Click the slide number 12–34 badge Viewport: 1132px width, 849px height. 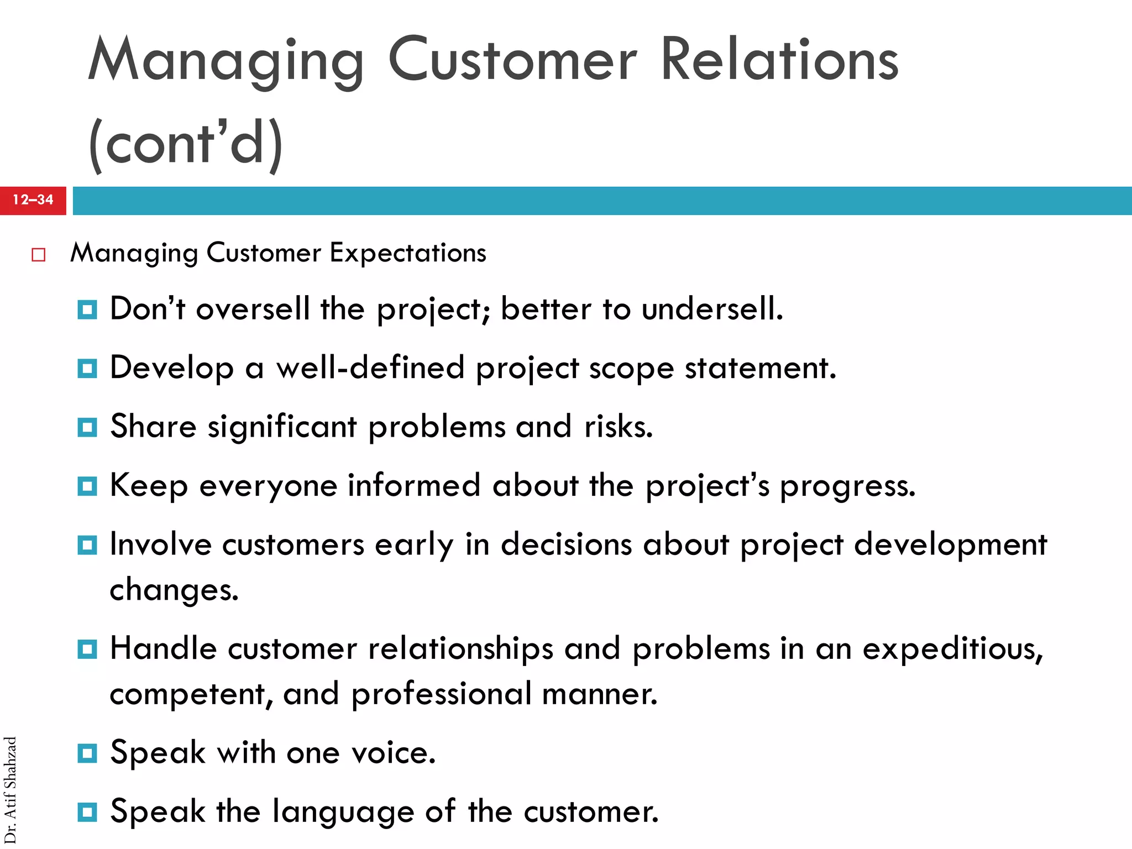[x=33, y=200]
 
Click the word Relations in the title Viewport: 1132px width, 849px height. [x=779, y=60]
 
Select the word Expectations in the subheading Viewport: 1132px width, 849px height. [x=408, y=253]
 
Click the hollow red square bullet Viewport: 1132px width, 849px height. [x=38, y=255]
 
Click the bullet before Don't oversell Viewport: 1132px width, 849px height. [x=87, y=310]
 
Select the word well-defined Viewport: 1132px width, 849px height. [x=370, y=368]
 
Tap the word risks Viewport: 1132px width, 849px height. [x=619, y=427]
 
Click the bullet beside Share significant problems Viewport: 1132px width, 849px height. [x=87, y=427]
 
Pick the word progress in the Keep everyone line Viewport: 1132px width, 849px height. [x=847, y=486]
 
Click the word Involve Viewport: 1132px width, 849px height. [x=160, y=544]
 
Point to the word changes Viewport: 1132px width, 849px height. [x=174, y=590]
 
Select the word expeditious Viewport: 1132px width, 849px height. [x=952, y=648]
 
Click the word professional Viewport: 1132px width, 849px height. [x=441, y=694]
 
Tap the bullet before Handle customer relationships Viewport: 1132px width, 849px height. [x=87, y=649]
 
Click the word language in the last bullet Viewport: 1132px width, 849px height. [x=343, y=813]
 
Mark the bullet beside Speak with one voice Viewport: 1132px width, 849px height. [x=87, y=753]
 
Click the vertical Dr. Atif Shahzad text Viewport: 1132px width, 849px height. [x=11, y=790]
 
